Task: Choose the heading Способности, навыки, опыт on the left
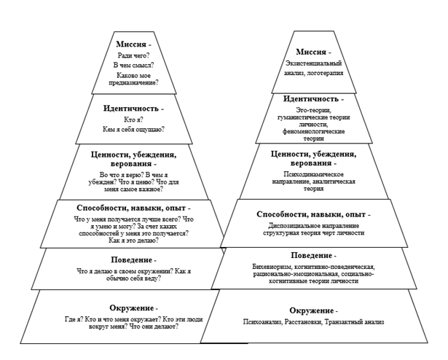click(x=133, y=208)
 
